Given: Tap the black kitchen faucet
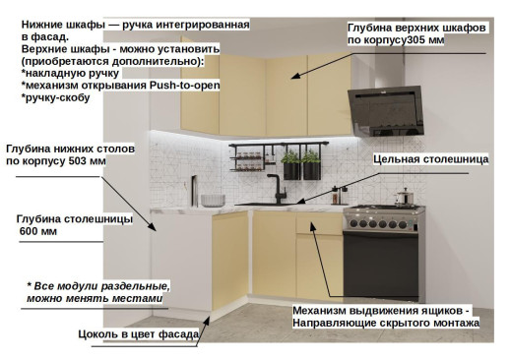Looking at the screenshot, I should point(271,187).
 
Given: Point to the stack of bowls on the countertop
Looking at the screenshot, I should point(213,200).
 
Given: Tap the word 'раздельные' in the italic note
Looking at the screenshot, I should point(135,285).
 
